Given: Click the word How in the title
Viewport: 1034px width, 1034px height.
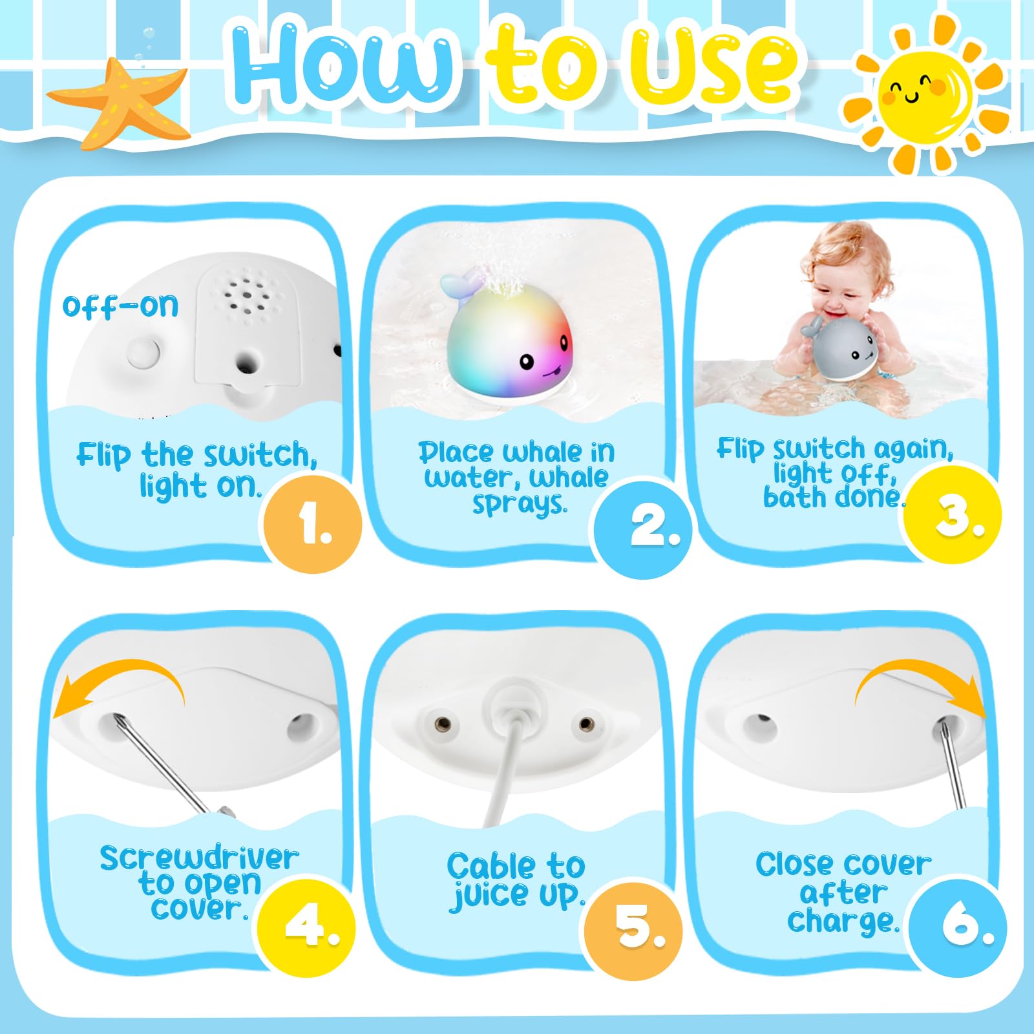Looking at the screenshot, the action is [343, 65].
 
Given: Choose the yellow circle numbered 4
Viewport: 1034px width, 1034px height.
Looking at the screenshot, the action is [307, 928].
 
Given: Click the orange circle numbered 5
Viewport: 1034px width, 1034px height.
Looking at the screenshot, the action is [634, 931].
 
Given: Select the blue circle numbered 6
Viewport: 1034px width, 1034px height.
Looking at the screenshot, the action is [958, 927].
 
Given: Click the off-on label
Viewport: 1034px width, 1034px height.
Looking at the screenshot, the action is [120, 306].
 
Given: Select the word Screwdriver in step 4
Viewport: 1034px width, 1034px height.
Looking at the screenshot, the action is [199, 858].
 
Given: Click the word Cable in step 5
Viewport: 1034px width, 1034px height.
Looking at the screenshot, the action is [491, 866].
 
